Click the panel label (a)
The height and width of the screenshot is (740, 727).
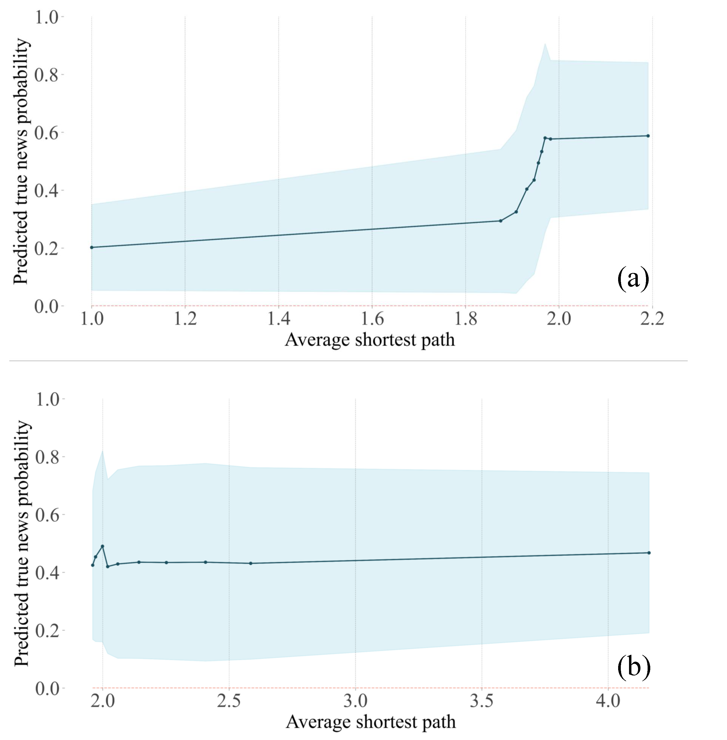pos(633,279)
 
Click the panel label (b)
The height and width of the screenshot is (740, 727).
pos(634,667)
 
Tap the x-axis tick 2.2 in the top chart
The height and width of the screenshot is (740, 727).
pos(652,318)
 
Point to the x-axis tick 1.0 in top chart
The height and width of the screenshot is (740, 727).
pos(92,318)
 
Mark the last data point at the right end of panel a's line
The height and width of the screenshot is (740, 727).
pos(648,136)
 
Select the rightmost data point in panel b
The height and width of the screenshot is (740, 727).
pos(649,553)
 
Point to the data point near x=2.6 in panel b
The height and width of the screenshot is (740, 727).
pos(250,563)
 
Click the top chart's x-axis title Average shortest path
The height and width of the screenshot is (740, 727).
pos(370,339)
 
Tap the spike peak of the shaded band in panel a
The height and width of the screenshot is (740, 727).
pos(545,44)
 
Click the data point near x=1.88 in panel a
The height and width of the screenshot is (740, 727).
pos(501,221)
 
